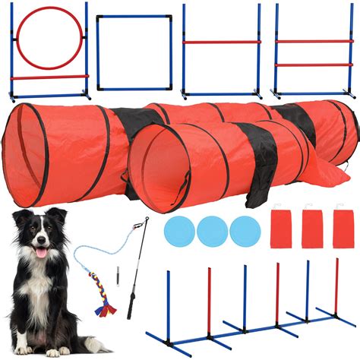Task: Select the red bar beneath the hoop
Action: pos(50,77)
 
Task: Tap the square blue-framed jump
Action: pos(134,18)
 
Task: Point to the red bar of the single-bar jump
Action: pos(222,42)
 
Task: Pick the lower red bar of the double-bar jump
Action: pos(314,65)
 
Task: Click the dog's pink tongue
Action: pos(40,254)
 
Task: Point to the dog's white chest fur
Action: pos(42,292)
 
